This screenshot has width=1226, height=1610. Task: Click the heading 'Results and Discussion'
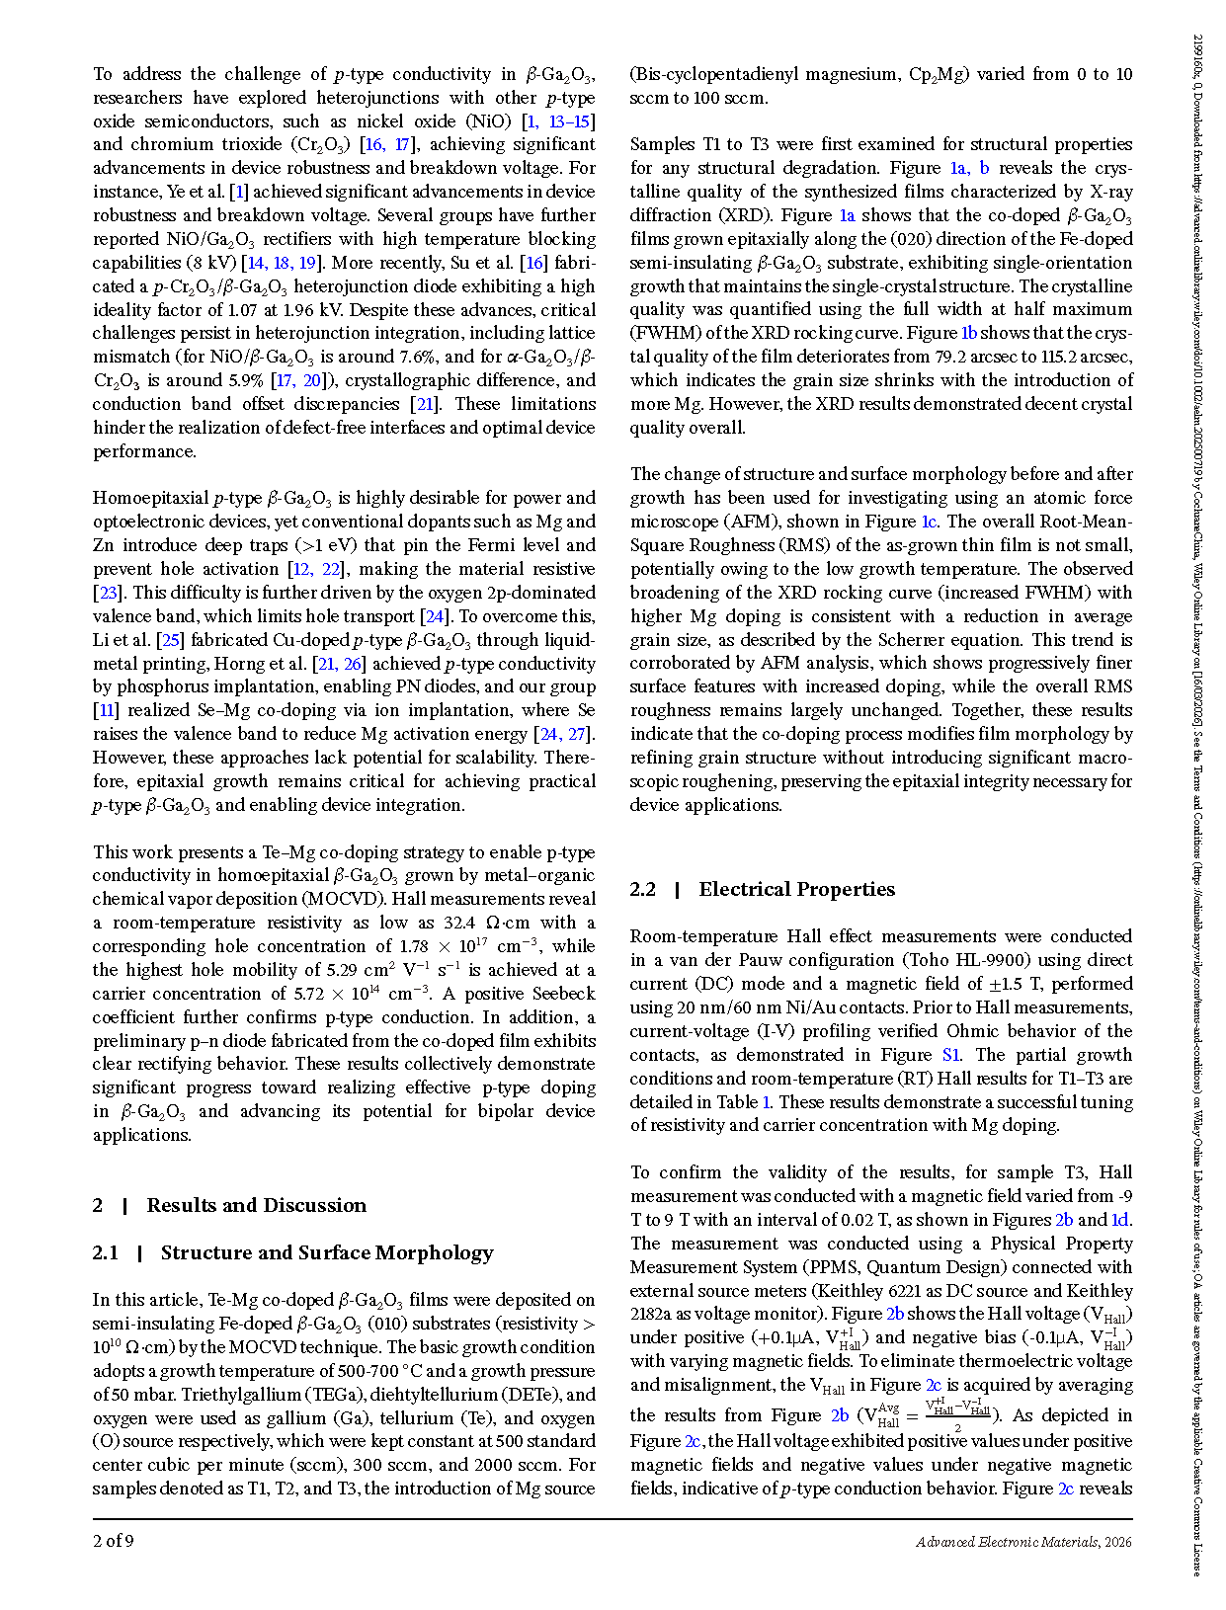click(x=256, y=1205)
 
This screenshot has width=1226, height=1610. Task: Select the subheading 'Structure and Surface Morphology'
click(x=327, y=1252)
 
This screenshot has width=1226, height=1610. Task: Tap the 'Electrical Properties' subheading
click(x=796, y=889)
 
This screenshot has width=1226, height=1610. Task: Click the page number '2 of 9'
click(x=114, y=1541)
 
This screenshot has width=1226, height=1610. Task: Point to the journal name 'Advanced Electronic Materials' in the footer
click(x=1007, y=1542)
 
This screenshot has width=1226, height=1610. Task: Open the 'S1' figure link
click(x=951, y=1055)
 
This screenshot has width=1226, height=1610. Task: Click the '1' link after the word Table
click(x=767, y=1102)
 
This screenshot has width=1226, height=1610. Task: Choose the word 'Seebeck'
click(x=563, y=994)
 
